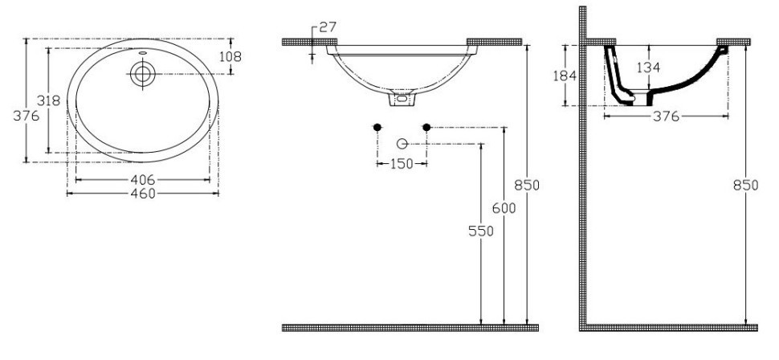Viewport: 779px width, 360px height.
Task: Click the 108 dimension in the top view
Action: [230, 56]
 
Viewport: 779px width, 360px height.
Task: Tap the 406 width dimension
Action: [142, 178]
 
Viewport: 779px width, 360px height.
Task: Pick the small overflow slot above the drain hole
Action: [143, 55]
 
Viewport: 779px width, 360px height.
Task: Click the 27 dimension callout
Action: [327, 27]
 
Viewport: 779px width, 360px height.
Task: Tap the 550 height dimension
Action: [480, 230]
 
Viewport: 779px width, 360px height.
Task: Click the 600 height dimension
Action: [504, 207]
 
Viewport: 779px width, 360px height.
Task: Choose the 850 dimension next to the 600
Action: [527, 185]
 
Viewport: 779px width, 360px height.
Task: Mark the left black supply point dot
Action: [377, 127]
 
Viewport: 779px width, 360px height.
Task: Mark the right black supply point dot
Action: [426, 127]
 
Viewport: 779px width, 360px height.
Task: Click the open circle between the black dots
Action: [402, 144]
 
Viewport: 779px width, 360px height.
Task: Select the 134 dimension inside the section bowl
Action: [649, 69]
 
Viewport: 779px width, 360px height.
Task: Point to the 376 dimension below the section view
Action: [666, 117]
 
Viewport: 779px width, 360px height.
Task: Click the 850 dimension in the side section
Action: [746, 185]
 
